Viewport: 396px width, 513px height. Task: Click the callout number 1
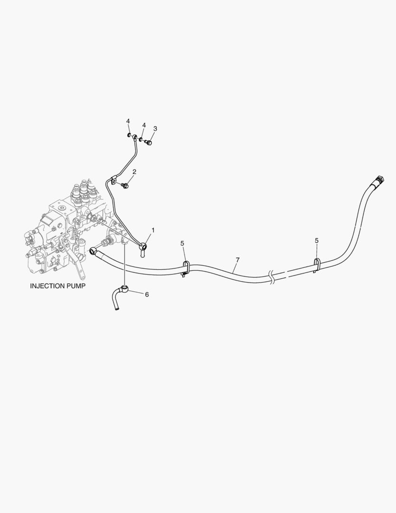coord(153,230)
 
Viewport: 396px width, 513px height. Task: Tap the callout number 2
coord(134,171)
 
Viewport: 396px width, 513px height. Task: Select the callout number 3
coord(155,128)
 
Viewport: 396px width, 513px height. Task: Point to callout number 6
coord(147,294)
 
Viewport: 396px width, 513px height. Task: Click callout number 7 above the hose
coord(238,260)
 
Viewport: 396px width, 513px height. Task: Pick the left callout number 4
coord(128,121)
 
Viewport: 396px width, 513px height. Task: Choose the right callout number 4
coord(144,125)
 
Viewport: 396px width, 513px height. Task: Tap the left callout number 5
coord(183,244)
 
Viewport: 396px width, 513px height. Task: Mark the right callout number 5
coord(317,241)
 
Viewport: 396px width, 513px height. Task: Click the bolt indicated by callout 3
coord(149,142)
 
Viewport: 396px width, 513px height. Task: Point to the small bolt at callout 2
coord(125,185)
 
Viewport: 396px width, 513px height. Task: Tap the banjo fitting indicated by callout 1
coord(142,246)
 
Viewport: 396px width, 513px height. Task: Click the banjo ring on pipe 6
coord(125,288)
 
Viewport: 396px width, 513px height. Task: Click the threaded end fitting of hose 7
coord(378,180)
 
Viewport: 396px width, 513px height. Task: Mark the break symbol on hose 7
coord(272,277)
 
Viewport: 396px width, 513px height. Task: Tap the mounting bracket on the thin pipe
coord(114,180)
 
